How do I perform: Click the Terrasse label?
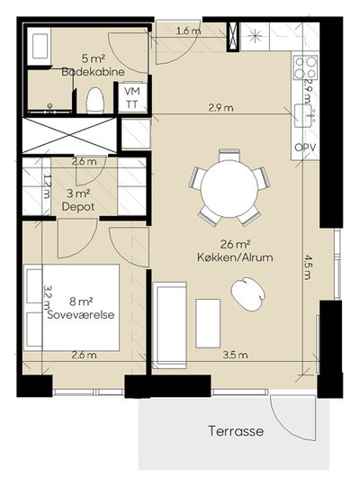point(236,431)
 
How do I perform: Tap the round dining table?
point(229,189)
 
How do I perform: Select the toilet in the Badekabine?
point(94,100)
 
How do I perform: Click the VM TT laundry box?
point(132,98)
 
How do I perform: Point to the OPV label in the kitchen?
point(305,148)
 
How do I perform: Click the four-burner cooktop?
point(306,68)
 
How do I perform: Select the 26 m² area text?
point(236,245)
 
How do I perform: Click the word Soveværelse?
point(81,314)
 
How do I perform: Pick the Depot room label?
point(78,206)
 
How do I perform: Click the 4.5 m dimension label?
point(307,267)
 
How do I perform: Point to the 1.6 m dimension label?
point(188,32)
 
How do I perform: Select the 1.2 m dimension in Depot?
point(47,185)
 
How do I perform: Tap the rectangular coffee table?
point(208,323)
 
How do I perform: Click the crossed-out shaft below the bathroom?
point(70,135)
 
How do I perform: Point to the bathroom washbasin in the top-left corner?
point(40,46)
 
